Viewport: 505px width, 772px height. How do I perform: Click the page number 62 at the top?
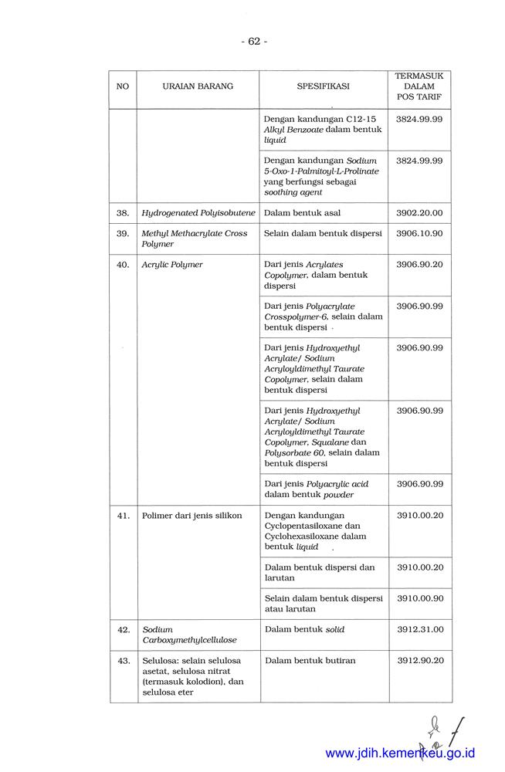pos(253,41)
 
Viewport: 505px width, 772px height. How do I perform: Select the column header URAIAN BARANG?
pos(198,86)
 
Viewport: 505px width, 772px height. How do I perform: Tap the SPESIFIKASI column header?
pos(323,86)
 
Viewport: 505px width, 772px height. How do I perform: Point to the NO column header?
pos(123,86)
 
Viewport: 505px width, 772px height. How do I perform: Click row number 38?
pos(123,212)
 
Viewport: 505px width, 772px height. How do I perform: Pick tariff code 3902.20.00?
pos(419,212)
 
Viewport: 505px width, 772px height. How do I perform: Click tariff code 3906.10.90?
pos(419,233)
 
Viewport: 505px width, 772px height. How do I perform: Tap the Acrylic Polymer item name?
pos(172,265)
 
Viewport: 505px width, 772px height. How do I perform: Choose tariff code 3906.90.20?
pos(419,265)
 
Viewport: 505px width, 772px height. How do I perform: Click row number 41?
pos(123,516)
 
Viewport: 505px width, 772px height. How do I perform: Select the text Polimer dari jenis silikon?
pos(191,516)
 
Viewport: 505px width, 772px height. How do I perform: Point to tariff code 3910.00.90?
pos(419,598)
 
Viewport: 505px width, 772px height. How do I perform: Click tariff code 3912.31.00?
pos(419,630)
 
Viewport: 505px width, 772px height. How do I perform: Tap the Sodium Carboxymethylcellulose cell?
pos(189,635)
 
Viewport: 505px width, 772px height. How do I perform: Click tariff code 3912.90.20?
pos(419,661)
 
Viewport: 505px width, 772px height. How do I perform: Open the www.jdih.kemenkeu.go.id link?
pos(400,753)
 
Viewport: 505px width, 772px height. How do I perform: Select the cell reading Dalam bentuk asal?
pos(302,212)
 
